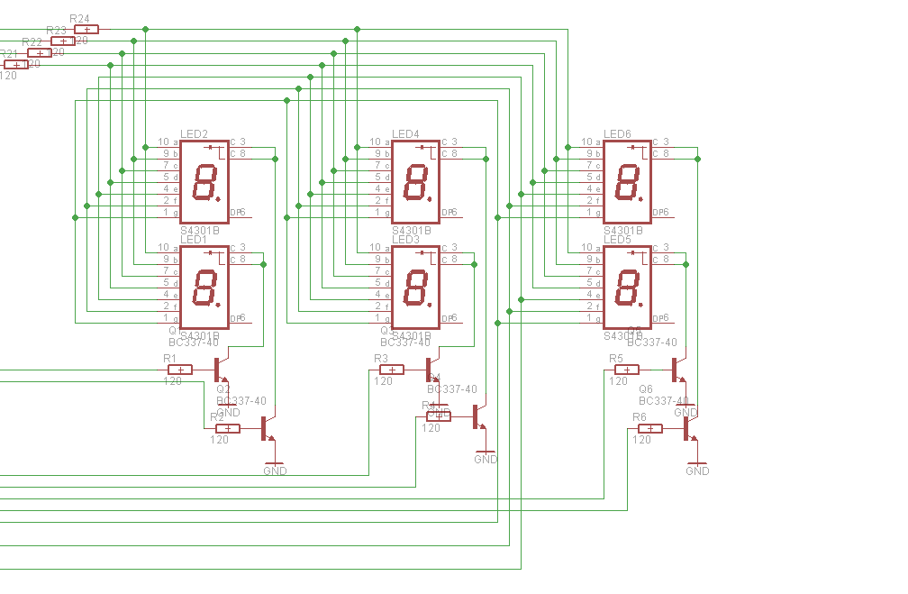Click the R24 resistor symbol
[x=86, y=30]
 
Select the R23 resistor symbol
[x=63, y=41]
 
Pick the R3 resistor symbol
[x=392, y=370]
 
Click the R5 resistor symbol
[x=627, y=370]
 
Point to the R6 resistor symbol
[x=650, y=428]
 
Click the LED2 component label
[x=194, y=134]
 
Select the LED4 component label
[x=405, y=134]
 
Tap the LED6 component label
[x=617, y=134]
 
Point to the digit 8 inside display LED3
[x=417, y=288]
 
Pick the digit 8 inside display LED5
[x=628, y=288]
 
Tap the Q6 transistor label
[x=645, y=389]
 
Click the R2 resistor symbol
[x=228, y=428]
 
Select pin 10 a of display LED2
[x=168, y=142]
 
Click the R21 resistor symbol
[x=16, y=64]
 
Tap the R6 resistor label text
[x=639, y=416]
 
